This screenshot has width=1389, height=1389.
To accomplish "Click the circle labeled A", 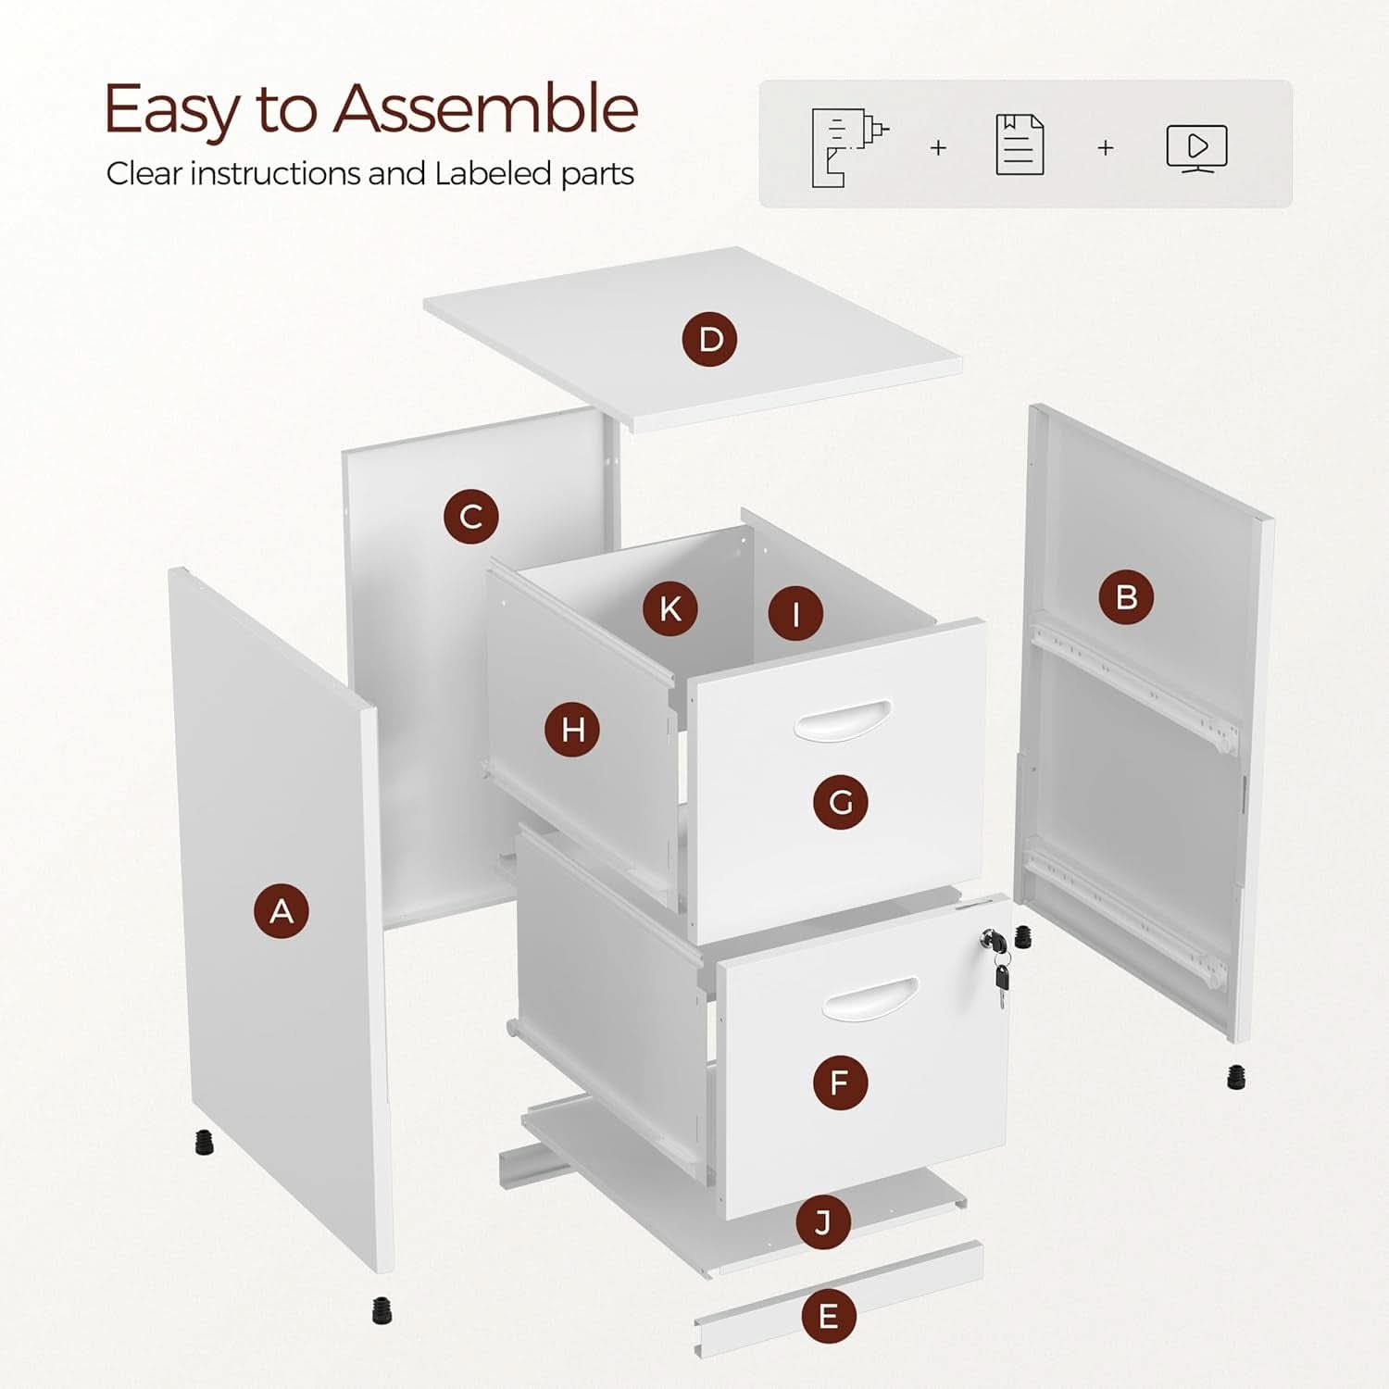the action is coord(282,911).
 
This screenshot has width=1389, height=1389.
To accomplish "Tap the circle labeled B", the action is coord(1126,596).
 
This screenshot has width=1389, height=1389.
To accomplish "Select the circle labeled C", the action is coord(470,516).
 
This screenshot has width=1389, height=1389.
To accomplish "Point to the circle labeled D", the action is coord(710,339).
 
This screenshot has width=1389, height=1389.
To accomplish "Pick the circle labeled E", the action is coord(828,1315).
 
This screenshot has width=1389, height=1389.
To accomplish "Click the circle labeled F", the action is coord(840,1082).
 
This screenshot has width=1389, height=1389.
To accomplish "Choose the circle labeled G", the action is coord(841,802).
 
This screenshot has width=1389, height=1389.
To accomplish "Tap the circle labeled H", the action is coord(572,729).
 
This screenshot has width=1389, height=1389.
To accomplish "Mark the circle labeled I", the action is coord(795,612).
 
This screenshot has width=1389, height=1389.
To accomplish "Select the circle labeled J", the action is coord(823,1222).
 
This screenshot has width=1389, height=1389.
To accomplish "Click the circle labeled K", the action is coord(670,608).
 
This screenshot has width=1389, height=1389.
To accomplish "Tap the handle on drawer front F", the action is coord(870,1000).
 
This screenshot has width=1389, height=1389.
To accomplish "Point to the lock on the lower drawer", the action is coord(995,943).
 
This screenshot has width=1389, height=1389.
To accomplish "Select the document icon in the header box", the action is coord(1020,145).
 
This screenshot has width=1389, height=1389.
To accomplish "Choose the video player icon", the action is coord(1196,148).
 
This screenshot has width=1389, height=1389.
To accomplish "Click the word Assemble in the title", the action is coord(486,108).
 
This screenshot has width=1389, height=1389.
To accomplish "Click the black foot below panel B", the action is coord(1236,1077).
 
